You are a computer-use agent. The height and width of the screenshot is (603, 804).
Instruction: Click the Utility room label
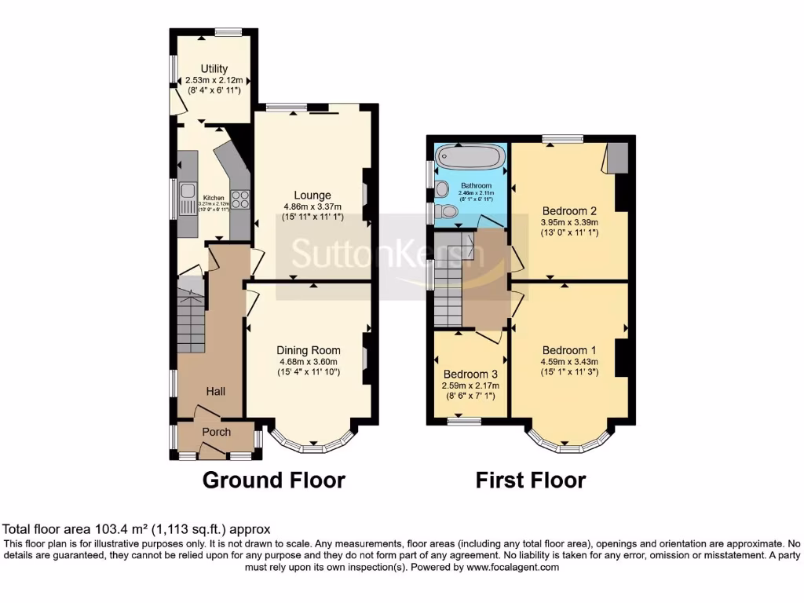[214, 69]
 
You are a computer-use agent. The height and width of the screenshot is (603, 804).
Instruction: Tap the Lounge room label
[312, 195]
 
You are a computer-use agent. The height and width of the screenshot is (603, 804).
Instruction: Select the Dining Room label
[308, 350]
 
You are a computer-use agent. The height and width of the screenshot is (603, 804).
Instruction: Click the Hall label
[216, 390]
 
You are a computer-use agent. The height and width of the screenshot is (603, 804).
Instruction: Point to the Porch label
[217, 432]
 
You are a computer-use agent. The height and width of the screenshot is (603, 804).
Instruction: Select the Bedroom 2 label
[569, 210]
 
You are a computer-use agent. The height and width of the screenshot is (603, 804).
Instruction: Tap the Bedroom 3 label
[470, 374]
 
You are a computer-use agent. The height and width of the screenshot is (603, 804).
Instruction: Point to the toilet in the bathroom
[448, 210]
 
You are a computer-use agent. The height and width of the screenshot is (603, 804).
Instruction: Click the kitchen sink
[188, 191]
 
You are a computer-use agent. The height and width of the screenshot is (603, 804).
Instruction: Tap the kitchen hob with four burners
[239, 199]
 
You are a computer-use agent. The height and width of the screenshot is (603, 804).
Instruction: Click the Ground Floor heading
[274, 480]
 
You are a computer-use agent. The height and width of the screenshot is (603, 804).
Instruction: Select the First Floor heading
[531, 480]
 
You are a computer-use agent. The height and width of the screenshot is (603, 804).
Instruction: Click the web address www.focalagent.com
[508, 567]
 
